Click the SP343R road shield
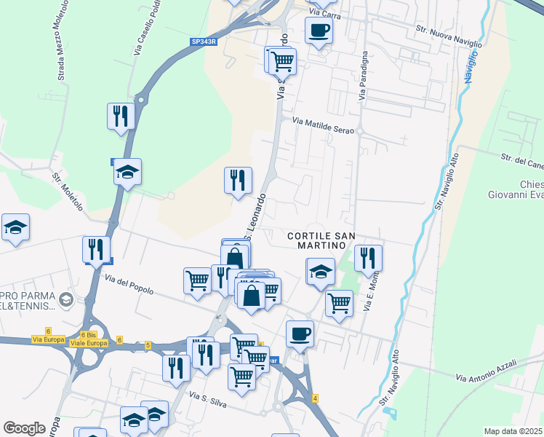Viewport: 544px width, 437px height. [204, 42]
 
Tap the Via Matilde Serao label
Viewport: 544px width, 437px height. [323, 125]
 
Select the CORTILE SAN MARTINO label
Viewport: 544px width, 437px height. [321, 240]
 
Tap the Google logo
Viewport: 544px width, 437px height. [24, 428]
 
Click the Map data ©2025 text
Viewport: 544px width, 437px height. [513, 431]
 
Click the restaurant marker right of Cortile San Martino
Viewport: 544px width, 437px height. [368, 258]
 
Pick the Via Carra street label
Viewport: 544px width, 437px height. [324, 12]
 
